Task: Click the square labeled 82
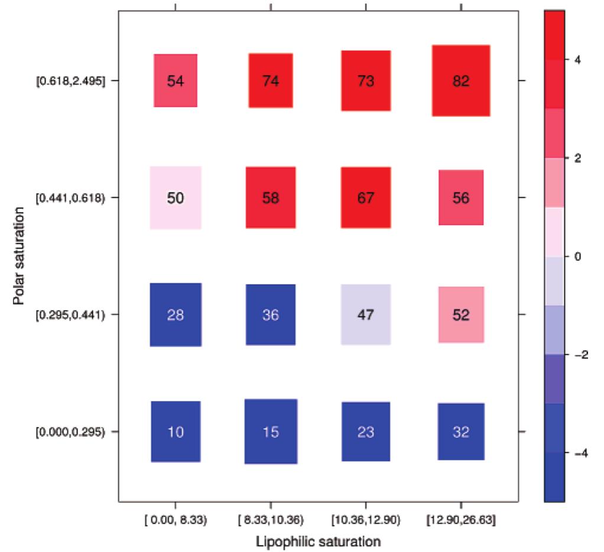(461, 81)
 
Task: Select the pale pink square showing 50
(176, 198)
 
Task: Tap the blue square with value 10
(176, 432)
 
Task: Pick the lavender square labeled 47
(366, 314)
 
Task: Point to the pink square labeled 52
(461, 315)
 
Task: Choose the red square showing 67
(366, 198)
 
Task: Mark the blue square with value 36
(271, 315)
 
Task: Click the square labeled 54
(176, 81)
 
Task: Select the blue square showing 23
(366, 432)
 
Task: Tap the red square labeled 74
(271, 81)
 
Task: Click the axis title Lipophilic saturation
(317, 540)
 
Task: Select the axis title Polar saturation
(20, 256)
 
